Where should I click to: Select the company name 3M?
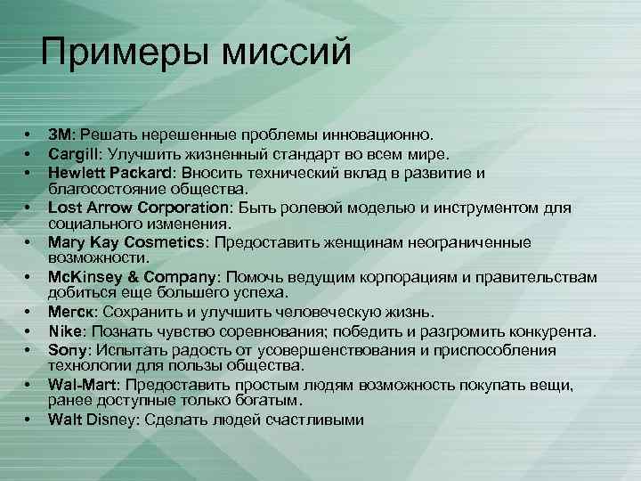(61, 135)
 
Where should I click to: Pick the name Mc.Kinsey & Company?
(135, 276)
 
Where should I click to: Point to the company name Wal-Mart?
(81, 384)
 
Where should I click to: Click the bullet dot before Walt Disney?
(28, 419)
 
